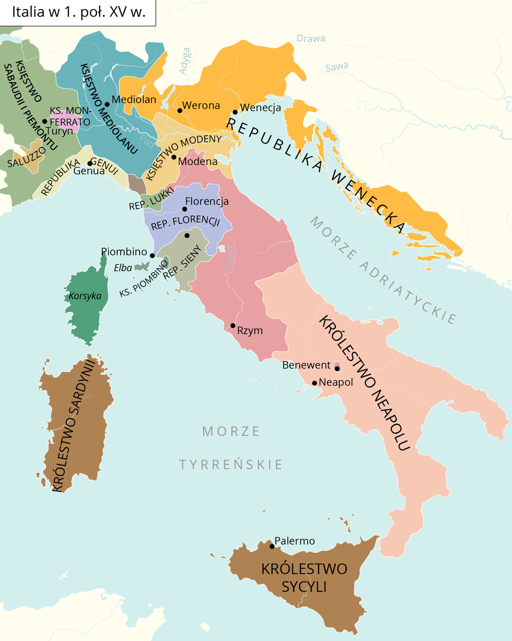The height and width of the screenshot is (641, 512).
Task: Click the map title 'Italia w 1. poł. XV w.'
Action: tap(78, 13)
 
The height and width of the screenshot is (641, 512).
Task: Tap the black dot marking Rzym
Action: tap(233, 325)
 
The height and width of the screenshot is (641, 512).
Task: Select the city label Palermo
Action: tap(294, 541)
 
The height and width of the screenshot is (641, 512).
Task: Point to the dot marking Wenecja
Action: tap(235, 112)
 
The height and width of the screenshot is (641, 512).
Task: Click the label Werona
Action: tap(201, 106)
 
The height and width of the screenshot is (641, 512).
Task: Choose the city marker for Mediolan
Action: tap(107, 104)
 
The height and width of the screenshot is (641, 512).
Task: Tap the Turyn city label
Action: tap(59, 131)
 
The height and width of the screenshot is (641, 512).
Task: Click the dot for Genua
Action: tap(90, 163)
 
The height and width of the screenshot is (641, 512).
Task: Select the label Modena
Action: tap(198, 161)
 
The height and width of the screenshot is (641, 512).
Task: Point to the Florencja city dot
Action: tap(185, 209)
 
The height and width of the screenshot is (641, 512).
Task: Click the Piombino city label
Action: tap(124, 251)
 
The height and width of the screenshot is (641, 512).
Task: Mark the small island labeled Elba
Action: tap(141, 266)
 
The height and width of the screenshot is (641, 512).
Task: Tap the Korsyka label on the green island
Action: tap(84, 297)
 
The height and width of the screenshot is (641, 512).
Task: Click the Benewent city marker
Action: tap(337, 368)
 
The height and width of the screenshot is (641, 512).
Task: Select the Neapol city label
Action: tap(336, 382)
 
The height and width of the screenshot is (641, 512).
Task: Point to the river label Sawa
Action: tap(337, 67)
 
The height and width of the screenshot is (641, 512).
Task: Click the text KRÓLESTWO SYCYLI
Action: tap(304, 578)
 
